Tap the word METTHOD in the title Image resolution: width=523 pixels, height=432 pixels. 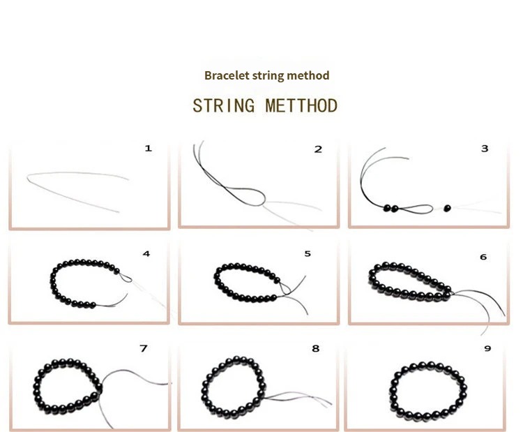point(301,106)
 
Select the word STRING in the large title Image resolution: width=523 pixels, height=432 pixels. point(223,106)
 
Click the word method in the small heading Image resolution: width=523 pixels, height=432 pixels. point(308,75)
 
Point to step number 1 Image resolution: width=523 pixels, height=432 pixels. point(149,148)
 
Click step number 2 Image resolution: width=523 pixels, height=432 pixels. point(318,149)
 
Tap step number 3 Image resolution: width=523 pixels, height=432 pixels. point(485,149)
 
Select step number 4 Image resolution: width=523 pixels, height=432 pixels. point(146,254)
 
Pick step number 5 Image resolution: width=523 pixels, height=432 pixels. point(308,254)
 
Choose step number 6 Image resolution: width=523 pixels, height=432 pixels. point(483,257)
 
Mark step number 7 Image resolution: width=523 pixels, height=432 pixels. point(144,348)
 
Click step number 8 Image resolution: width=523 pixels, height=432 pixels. point(315,348)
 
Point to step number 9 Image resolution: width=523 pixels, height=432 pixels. point(487,348)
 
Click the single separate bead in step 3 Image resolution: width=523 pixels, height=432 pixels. point(447,209)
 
